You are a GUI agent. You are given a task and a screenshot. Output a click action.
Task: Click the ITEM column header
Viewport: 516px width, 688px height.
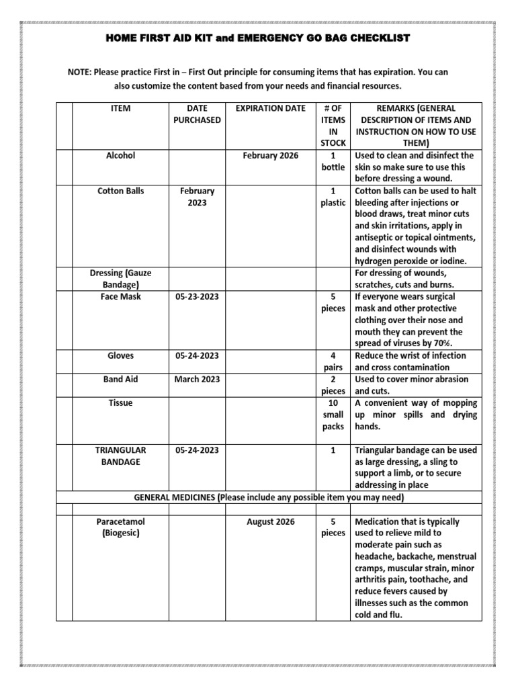pos(121,107)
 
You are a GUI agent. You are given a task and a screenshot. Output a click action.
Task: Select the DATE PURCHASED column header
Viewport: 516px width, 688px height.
pos(197,114)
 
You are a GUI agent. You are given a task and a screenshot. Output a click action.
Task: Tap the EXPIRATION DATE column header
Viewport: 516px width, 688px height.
pos(270,107)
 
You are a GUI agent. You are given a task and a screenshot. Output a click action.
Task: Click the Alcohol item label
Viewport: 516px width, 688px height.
pos(121,155)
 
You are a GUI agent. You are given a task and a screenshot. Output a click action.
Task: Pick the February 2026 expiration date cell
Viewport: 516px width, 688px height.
pos(270,155)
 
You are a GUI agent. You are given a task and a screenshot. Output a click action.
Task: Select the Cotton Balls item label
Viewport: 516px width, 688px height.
pos(121,191)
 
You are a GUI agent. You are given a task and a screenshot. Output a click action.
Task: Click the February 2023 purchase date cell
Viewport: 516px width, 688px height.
pos(197,197)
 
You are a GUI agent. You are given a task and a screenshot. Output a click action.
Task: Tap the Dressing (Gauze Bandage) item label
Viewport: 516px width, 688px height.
pos(121,279)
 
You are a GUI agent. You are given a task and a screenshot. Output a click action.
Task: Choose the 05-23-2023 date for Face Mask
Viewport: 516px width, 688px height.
pos(197,296)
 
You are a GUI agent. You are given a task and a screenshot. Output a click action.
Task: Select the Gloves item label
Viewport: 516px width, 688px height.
pos(121,355)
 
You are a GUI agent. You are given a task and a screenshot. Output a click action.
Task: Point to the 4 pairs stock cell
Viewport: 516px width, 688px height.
pos(333,361)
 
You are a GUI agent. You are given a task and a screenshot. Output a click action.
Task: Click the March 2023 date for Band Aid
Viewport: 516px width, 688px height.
pos(197,379)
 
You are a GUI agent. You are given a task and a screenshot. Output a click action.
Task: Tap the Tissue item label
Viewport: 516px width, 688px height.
pos(121,403)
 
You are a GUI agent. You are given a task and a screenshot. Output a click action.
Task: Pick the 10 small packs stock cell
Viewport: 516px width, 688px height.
pos(333,415)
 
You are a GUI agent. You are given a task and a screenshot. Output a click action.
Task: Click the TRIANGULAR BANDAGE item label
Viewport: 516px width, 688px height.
pos(121,456)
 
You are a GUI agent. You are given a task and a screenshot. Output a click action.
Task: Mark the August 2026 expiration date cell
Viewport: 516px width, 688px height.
pos(270,521)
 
